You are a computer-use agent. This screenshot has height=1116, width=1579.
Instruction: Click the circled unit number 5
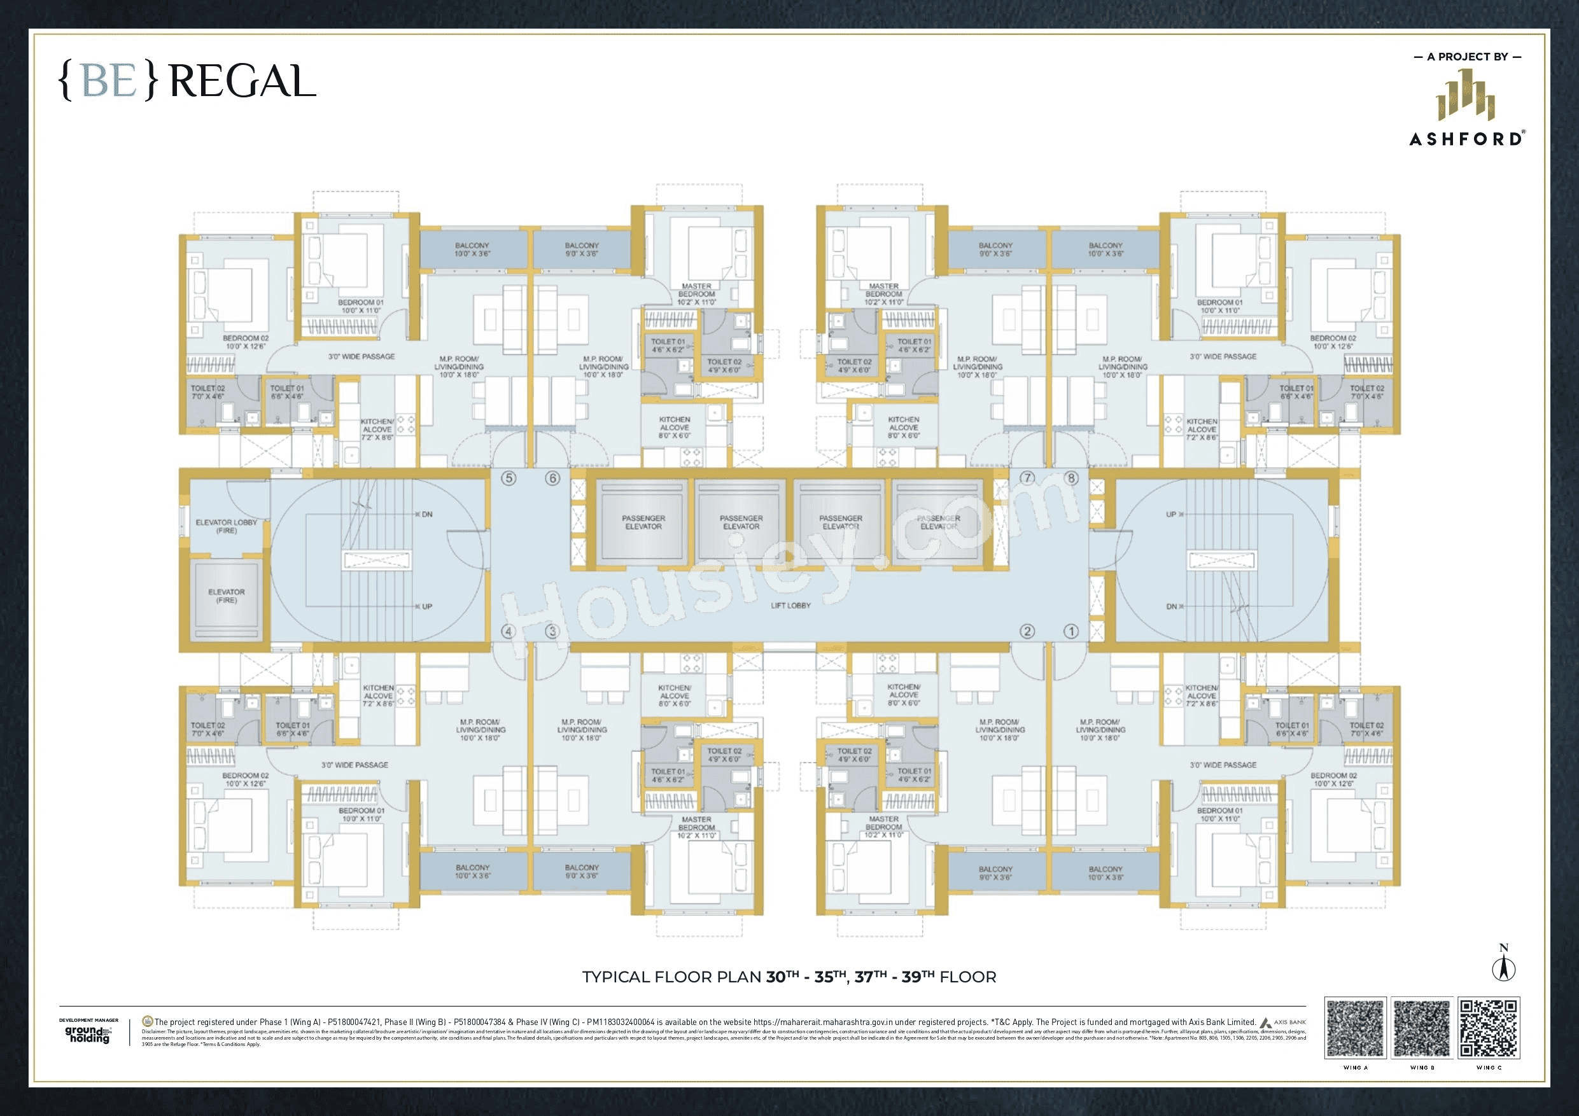pos(509,478)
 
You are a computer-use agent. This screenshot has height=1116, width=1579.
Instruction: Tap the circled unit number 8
pos(1070,478)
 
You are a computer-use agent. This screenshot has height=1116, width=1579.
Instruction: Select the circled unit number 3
pos(552,631)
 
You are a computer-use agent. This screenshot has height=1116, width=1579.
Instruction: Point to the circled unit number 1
pos(1070,631)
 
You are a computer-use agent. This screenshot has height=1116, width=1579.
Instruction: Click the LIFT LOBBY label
pos(791,606)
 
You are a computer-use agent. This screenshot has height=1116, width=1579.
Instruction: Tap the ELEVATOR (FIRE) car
pos(227,596)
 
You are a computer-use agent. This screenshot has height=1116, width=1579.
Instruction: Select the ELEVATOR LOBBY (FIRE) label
pos(227,526)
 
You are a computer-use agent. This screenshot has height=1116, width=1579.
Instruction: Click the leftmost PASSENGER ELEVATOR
pos(643,522)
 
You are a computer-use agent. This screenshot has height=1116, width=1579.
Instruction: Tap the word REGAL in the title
pos(242,82)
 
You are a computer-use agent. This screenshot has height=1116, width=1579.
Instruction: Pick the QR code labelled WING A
pos(1355,1028)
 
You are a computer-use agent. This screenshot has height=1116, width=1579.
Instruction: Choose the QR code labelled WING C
pos(1488,1028)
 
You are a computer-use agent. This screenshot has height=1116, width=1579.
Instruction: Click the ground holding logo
pos(88,1034)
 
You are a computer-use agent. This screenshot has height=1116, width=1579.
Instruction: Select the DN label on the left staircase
pos(426,514)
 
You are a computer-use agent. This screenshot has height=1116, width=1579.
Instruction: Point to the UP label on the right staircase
pos(1171,514)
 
